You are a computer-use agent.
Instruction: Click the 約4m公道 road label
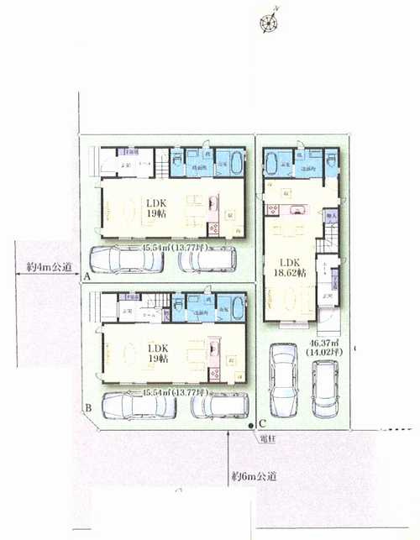coord(47,268)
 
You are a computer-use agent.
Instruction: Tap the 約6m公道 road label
coord(257,476)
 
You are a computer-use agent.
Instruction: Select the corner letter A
coord(87,275)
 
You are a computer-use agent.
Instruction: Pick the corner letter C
coord(262,422)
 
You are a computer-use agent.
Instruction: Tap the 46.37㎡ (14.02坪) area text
coord(323,348)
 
